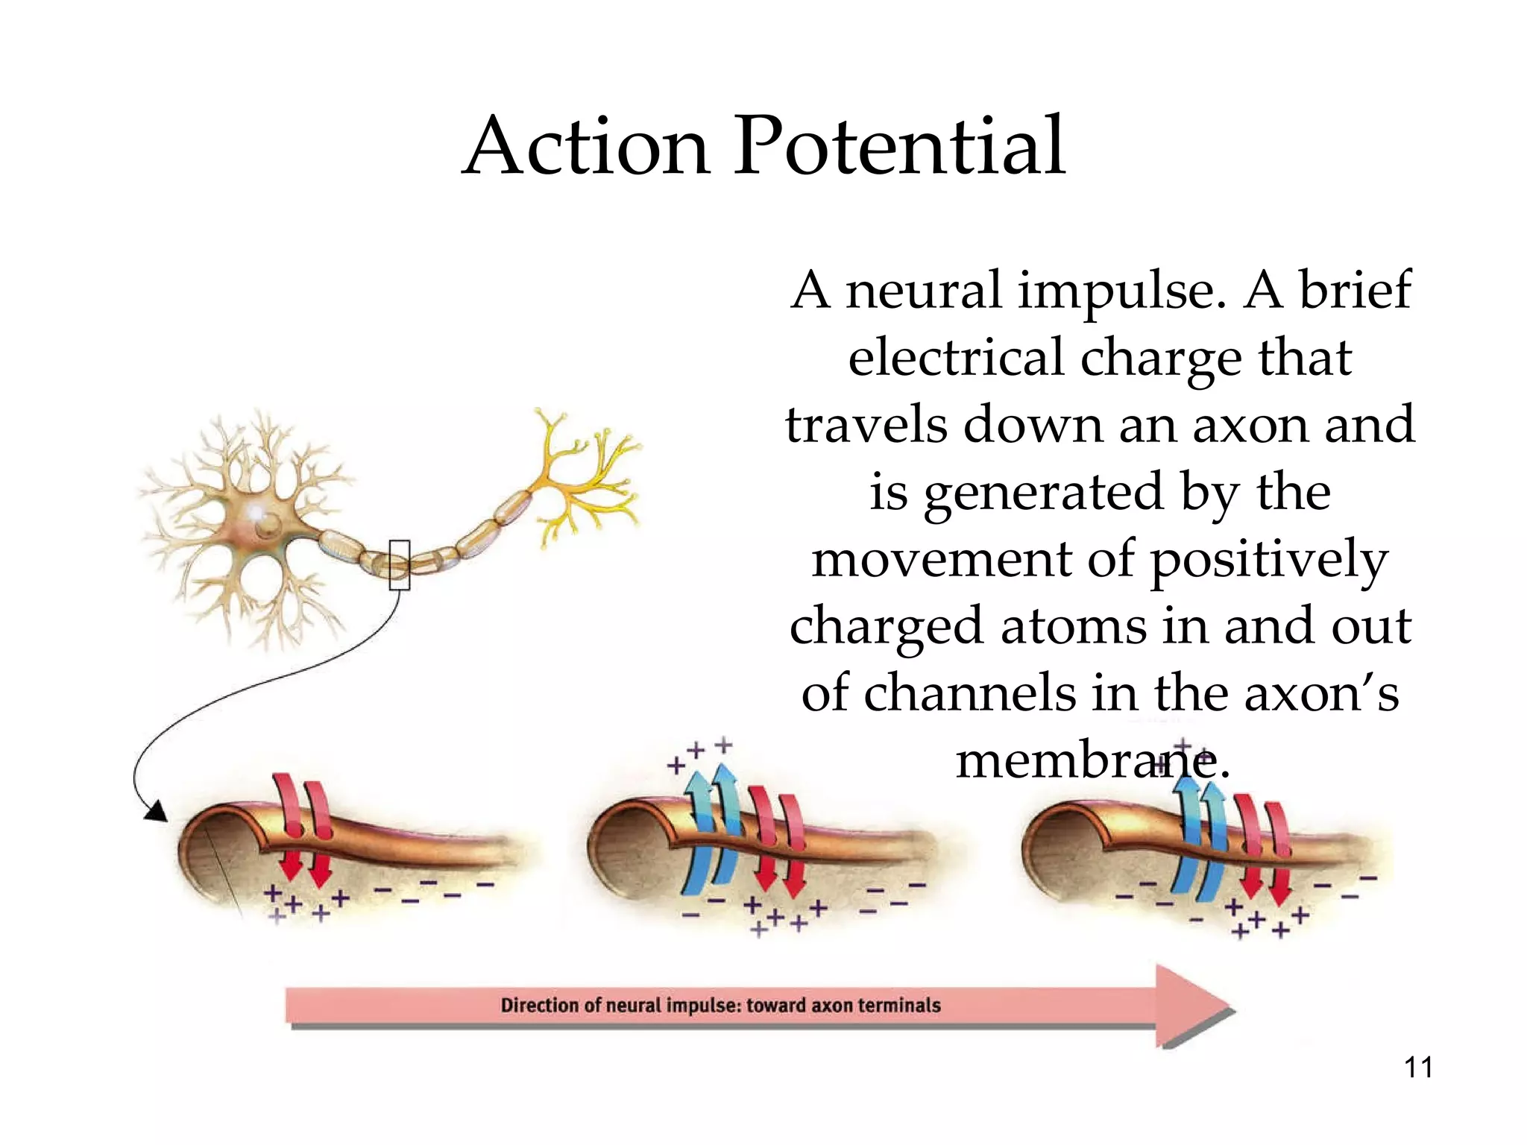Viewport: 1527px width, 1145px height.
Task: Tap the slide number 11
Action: coord(1418,1067)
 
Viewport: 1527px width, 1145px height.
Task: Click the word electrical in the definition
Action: coord(956,358)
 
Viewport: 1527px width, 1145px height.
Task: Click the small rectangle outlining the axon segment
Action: coord(400,564)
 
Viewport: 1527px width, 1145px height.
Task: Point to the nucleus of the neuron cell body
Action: coord(266,528)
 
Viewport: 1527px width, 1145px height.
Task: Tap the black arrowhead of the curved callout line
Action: coord(156,811)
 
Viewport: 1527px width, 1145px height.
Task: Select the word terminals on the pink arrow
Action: coord(898,1006)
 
